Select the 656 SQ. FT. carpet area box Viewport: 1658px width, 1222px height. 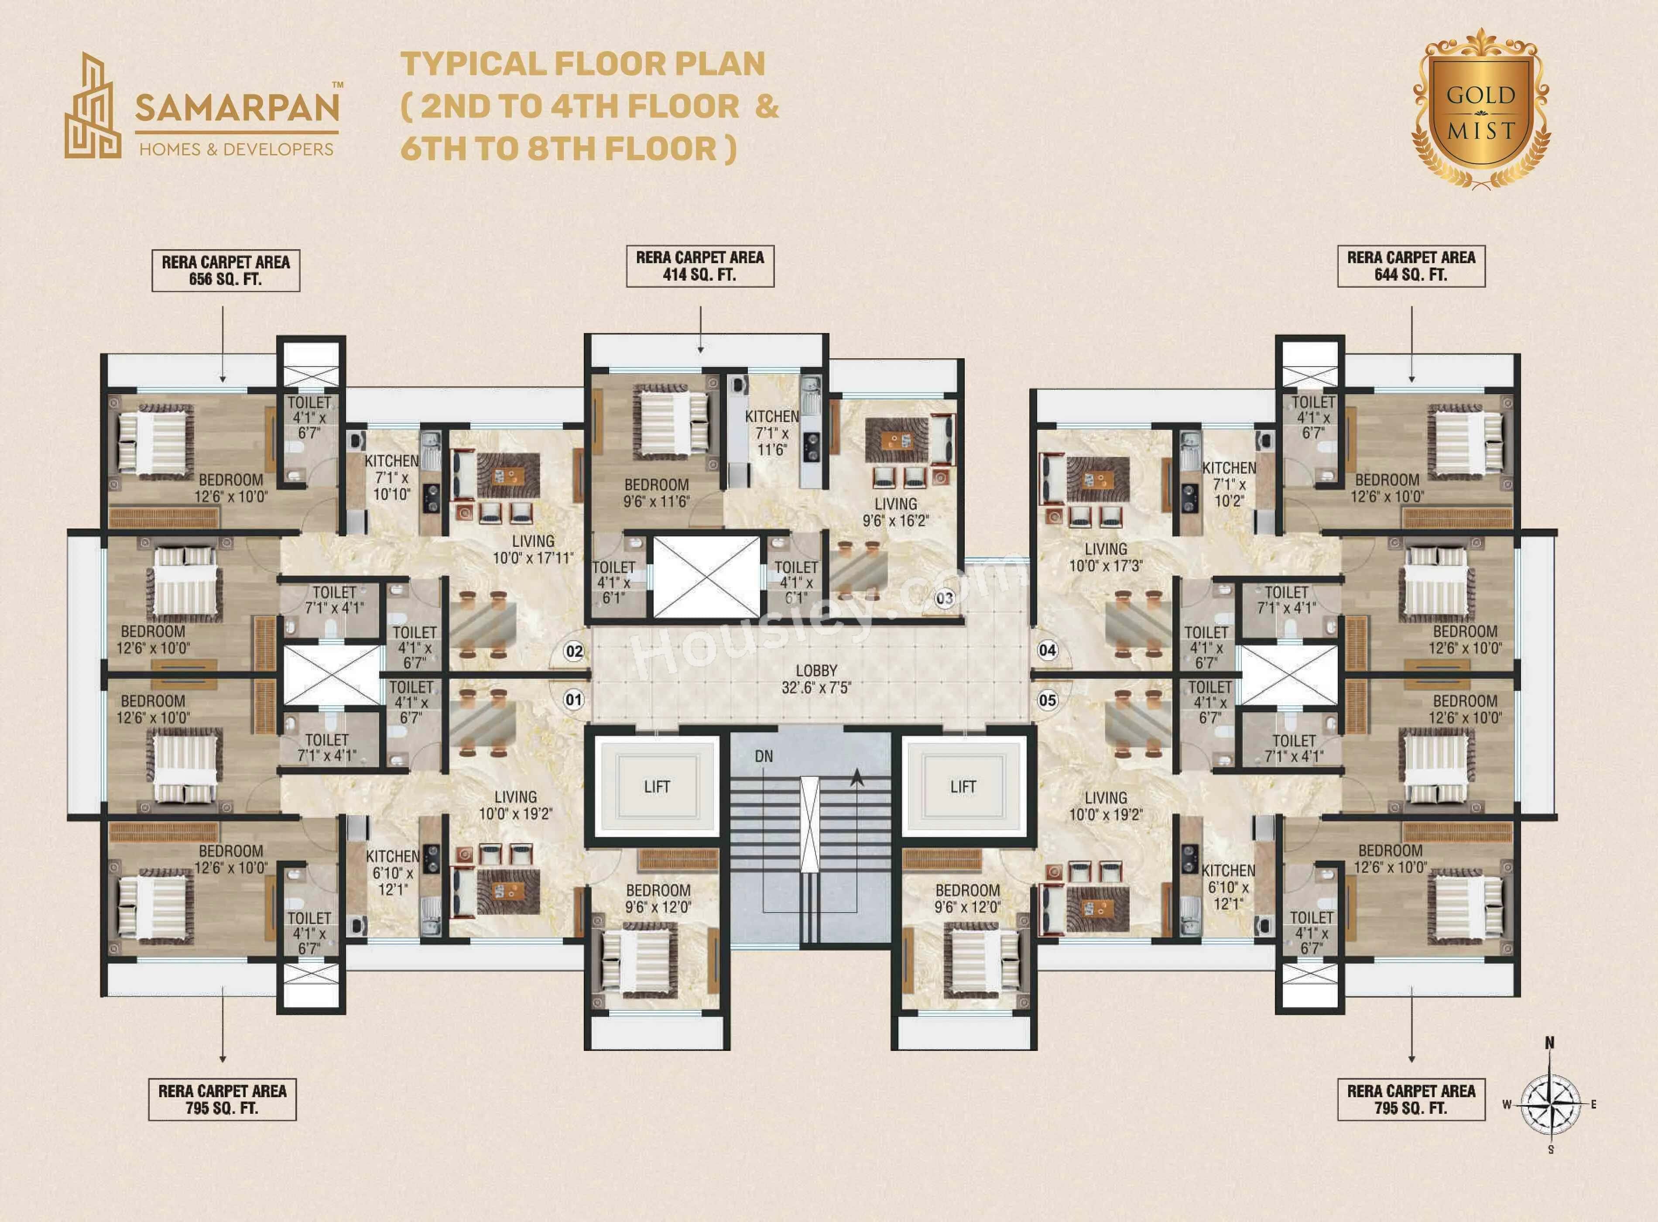226,271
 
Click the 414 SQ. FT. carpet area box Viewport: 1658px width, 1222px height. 699,266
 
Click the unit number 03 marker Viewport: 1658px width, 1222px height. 944,597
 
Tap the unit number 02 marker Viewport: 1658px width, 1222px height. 574,652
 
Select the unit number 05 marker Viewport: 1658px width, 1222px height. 1047,700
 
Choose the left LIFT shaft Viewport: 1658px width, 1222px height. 657,787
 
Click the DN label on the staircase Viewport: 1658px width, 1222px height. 764,756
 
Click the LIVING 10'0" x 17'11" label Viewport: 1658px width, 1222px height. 532,549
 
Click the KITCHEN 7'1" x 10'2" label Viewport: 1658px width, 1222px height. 1228,484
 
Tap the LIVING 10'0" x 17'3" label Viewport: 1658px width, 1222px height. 1106,557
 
